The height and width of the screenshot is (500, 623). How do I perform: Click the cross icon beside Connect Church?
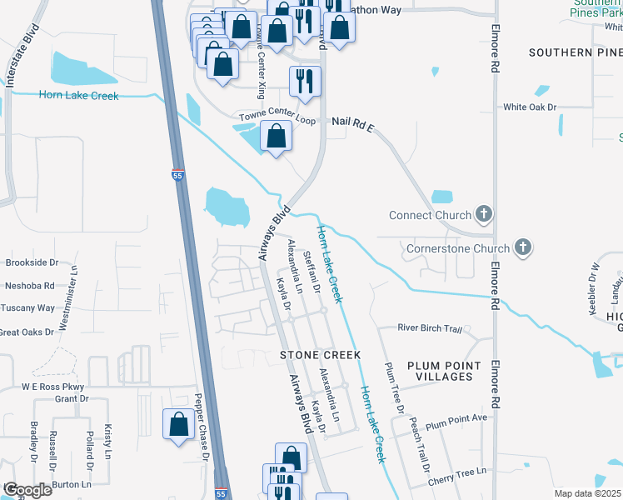click(482, 215)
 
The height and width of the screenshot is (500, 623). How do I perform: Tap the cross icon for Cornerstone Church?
click(522, 247)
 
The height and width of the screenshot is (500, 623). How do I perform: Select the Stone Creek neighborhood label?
click(320, 355)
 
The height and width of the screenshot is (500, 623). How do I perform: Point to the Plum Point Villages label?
click(444, 371)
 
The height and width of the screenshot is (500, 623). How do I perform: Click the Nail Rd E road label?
click(353, 122)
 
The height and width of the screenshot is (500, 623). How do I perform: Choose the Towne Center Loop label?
click(278, 116)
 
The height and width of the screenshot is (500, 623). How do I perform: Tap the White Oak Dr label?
click(529, 107)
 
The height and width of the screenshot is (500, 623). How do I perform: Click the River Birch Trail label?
click(429, 329)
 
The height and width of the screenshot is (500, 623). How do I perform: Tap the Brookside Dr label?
click(31, 262)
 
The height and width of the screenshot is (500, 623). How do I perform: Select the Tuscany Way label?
click(27, 307)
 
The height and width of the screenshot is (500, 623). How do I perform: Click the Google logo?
click(27, 489)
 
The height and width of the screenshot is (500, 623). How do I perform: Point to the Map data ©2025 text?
click(587, 493)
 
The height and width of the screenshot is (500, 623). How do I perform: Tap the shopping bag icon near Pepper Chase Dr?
click(179, 424)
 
